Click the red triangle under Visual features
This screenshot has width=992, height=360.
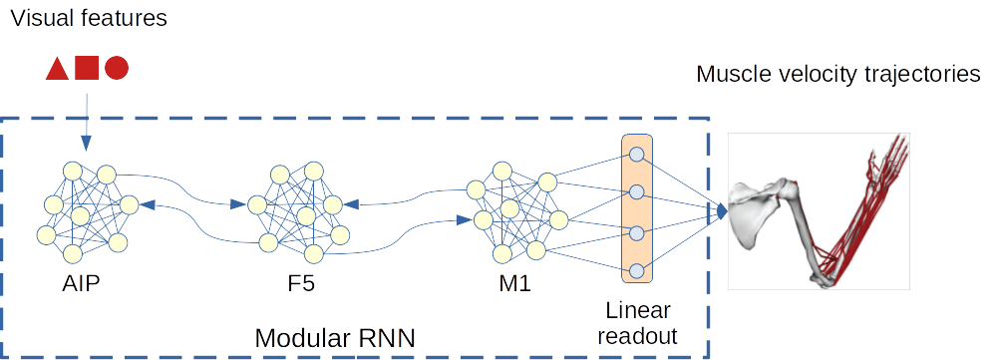(57, 69)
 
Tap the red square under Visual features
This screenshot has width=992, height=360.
(87, 68)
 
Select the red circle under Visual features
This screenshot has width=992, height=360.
(117, 68)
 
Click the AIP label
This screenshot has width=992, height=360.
(81, 284)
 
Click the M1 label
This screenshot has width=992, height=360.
(514, 284)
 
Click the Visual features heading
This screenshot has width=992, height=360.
(86, 18)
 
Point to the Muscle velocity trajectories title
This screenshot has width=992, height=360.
(837, 74)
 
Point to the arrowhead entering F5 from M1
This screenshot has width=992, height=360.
(351, 203)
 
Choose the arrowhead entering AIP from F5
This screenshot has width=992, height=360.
(147, 203)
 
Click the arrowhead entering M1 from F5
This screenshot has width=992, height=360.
(464, 219)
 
